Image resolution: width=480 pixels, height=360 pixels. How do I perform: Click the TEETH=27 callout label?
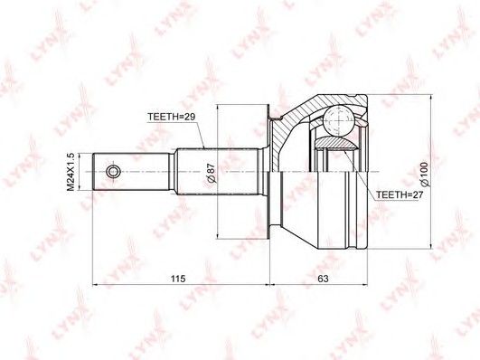pos(400,194)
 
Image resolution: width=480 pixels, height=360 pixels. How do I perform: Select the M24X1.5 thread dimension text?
pos(71,172)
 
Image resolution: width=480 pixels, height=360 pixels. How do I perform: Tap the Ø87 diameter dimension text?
pos(212,174)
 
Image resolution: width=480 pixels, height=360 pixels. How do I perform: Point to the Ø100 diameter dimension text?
pos(425,175)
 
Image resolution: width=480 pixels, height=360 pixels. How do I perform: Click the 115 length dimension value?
pos(178,279)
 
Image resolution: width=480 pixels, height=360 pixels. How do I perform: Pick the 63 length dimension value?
pos(323,279)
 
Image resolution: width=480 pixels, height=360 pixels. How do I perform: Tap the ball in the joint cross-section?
pos(339,120)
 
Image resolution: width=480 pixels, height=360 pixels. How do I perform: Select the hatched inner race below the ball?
pos(336,143)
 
